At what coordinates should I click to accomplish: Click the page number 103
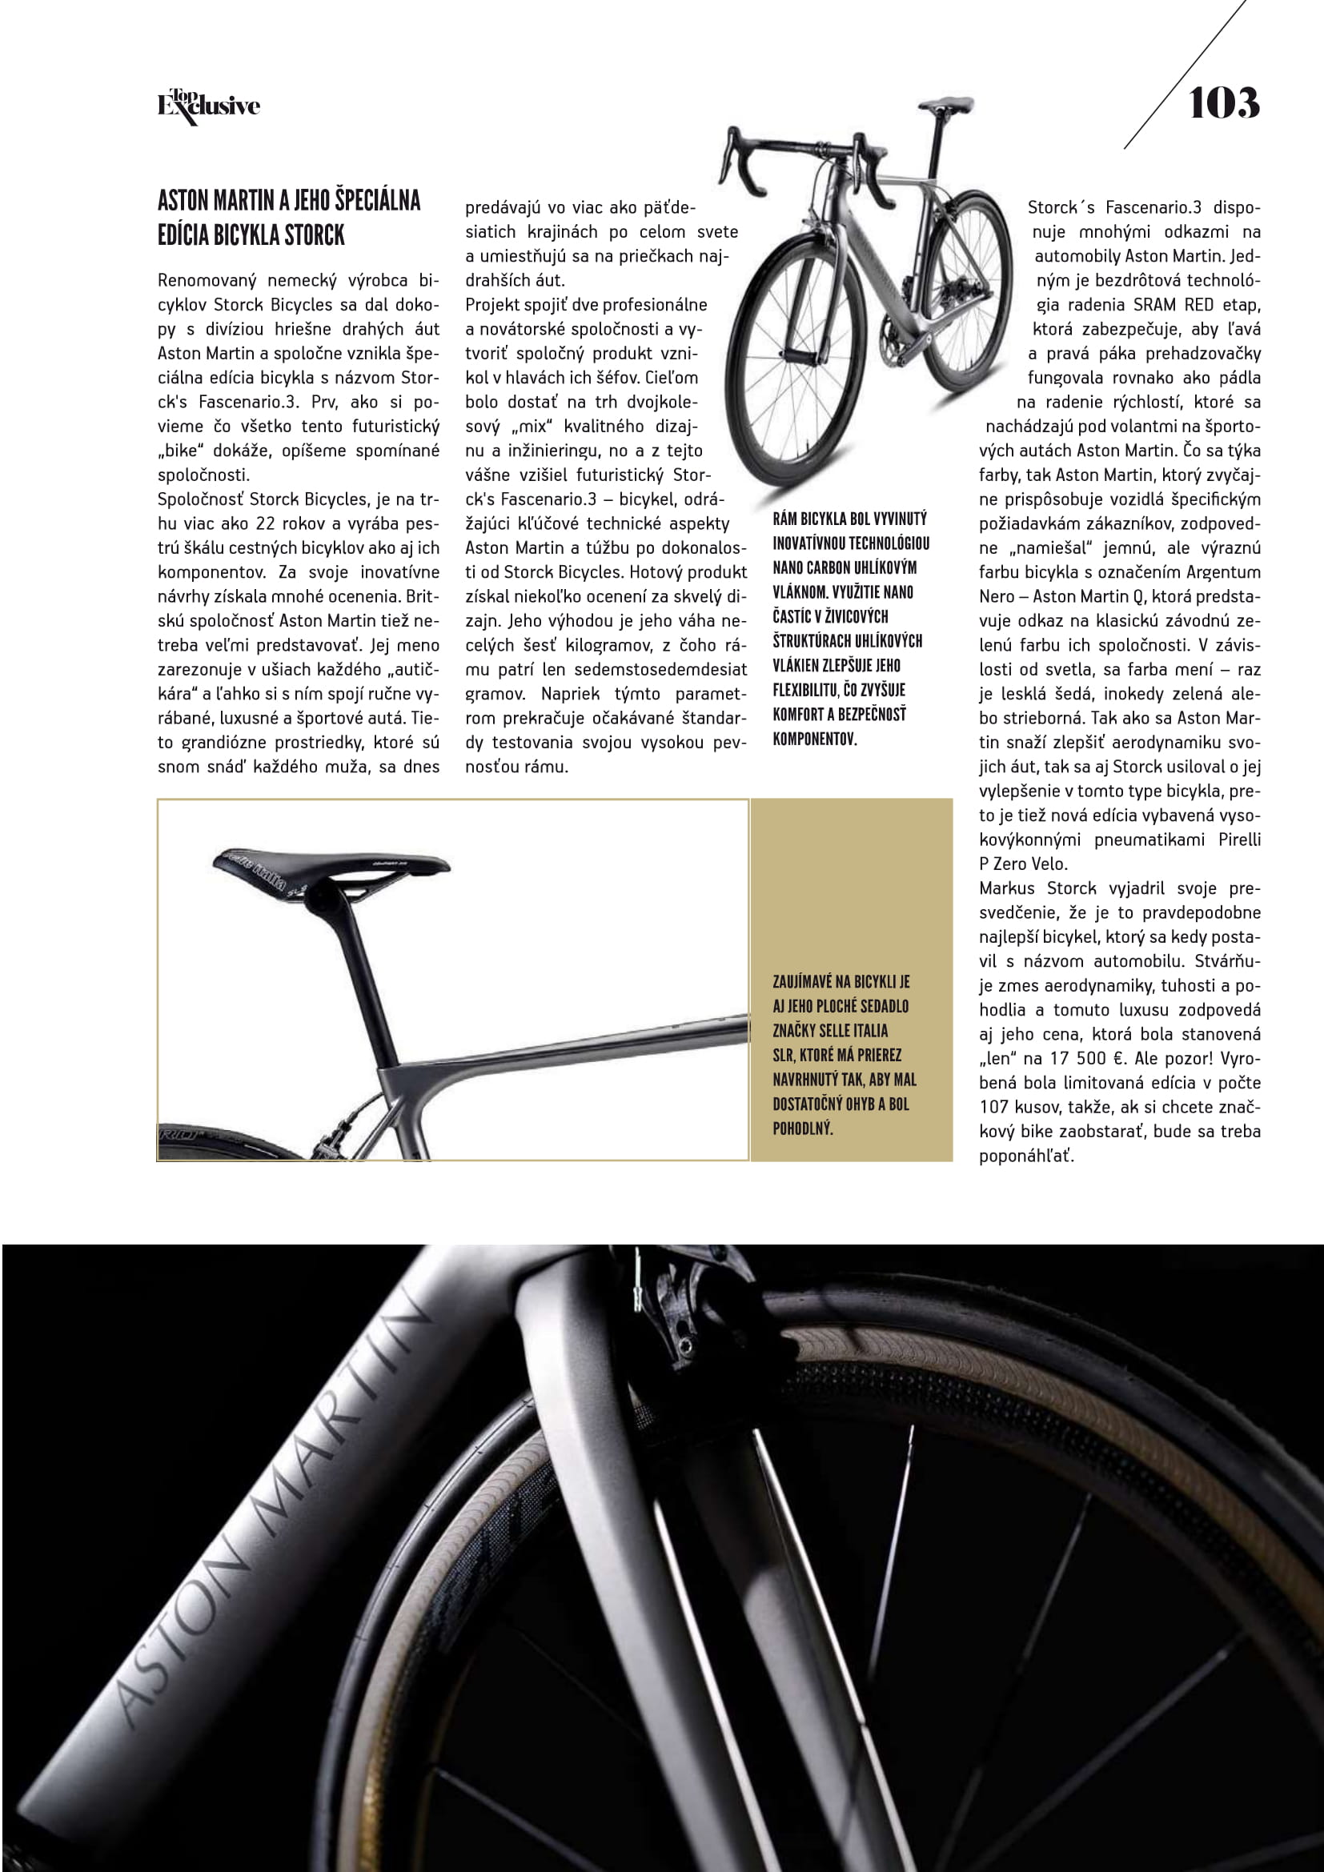click(x=1223, y=103)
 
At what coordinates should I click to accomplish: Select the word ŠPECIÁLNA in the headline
click(x=372, y=200)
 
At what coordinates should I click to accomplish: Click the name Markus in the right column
click(x=1009, y=888)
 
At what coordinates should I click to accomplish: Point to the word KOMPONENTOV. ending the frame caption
click(x=814, y=739)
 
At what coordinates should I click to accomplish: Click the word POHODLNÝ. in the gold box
click(x=802, y=1128)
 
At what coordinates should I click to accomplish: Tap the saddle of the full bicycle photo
click(x=946, y=104)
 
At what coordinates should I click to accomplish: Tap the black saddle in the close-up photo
click(x=330, y=868)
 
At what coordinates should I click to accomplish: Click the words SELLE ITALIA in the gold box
click(x=842, y=1031)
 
